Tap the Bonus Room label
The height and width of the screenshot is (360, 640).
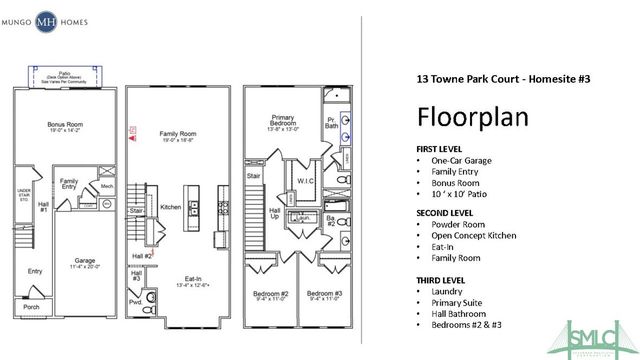pyautogui.click(x=64, y=127)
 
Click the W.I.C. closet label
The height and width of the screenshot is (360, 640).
pyautogui.click(x=307, y=181)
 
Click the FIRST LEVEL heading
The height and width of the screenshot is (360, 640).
pyautogui.click(x=442, y=148)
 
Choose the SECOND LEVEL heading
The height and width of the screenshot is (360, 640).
pyautogui.click(x=448, y=213)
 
